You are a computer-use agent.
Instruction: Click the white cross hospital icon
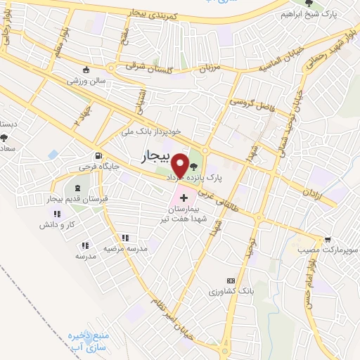point(184,198)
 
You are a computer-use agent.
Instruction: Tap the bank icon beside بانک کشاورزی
point(230,279)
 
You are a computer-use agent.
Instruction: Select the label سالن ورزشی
point(87,82)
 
